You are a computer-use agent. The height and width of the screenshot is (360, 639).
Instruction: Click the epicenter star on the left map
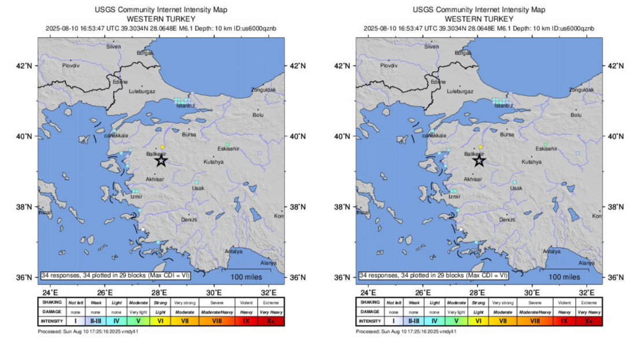[x=161, y=161]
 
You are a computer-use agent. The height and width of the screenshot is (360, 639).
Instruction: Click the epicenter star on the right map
[x=479, y=161]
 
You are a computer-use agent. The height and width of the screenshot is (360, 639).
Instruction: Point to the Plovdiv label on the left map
[x=71, y=65]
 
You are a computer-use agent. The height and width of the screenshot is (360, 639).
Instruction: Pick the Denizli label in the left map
[x=189, y=219]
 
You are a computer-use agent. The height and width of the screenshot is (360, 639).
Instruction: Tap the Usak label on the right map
[x=516, y=188]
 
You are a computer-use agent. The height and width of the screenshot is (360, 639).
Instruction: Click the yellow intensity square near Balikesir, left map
[x=163, y=147]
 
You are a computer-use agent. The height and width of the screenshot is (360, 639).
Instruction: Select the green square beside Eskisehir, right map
[x=545, y=144]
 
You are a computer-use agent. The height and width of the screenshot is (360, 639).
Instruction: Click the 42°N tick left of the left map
[x=24, y=65]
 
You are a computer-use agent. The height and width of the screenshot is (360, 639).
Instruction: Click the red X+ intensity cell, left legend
[x=271, y=320]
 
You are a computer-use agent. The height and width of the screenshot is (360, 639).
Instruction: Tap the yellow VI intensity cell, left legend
[x=161, y=320]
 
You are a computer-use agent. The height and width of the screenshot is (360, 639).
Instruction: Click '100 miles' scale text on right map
[x=563, y=277]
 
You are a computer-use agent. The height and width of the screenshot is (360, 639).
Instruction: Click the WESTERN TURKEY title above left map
[x=161, y=19]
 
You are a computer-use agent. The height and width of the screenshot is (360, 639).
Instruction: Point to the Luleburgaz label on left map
[x=142, y=91]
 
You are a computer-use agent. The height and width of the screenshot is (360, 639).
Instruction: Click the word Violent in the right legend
[x=564, y=302]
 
